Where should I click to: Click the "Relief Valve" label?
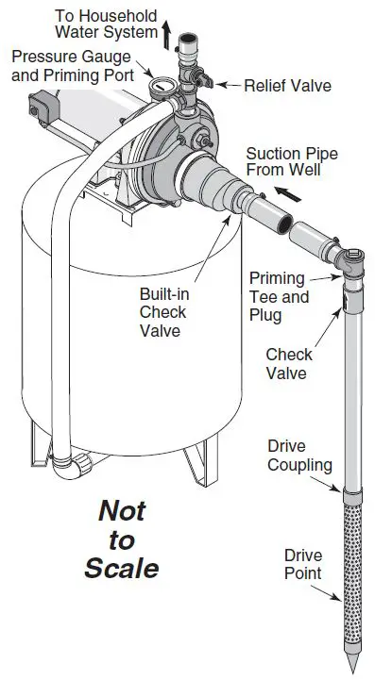pos(287,85)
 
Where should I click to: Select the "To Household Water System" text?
pos(106,25)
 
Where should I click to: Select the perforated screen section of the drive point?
pos(350,571)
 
